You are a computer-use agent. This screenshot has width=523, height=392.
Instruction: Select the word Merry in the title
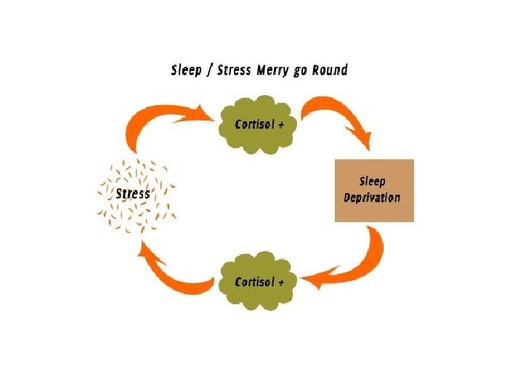click(275, 70)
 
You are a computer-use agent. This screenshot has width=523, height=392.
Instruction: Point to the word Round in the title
click(330, 70)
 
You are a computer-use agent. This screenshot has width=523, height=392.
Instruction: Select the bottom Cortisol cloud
click(259, 281)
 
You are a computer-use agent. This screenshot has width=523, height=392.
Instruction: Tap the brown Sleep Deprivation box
click(373, 189)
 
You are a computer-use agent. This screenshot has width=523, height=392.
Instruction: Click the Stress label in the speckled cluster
click(133, 194)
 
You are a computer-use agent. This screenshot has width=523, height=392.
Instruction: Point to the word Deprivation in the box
click(372, 197)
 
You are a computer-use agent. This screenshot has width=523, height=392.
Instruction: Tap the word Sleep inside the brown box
click(373, 181)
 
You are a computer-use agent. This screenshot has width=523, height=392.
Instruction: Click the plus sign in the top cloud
click(280, 123)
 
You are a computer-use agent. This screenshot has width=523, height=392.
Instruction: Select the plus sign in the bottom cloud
click(280, 282)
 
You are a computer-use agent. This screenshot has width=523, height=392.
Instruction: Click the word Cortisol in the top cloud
click(254, 123)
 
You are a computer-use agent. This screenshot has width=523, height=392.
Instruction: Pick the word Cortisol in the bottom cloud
click(254, 282)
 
